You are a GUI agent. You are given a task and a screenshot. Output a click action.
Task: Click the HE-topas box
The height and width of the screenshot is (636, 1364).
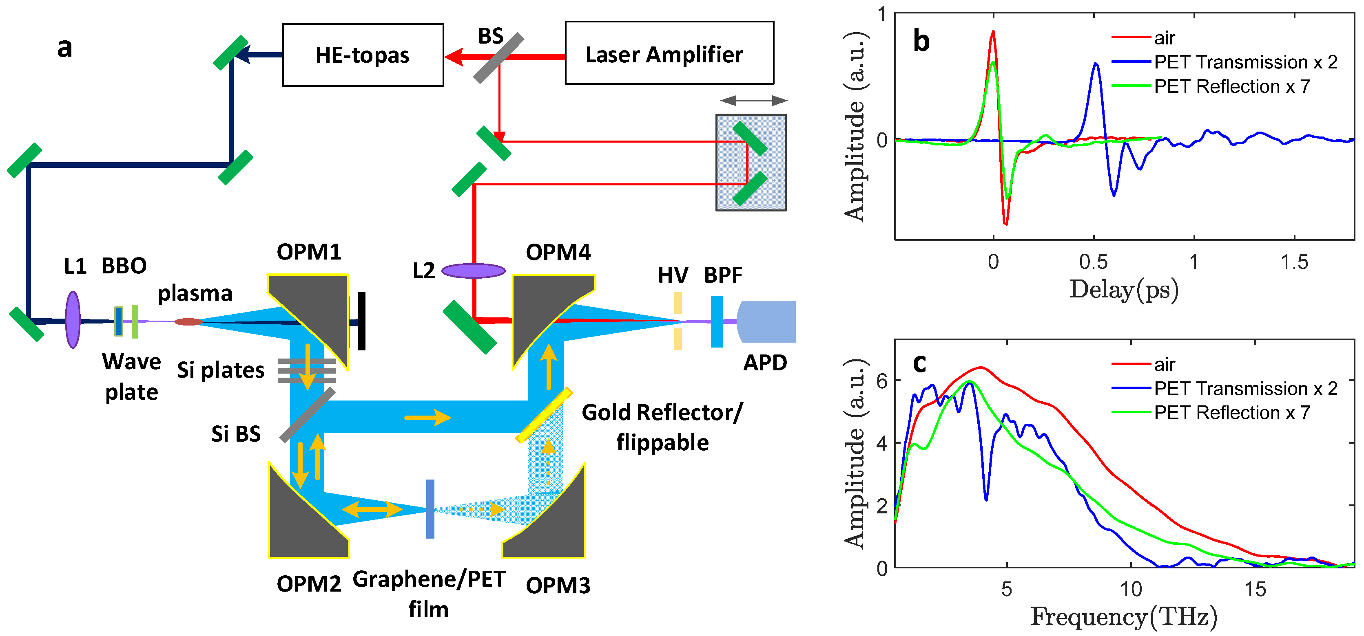point(363,55)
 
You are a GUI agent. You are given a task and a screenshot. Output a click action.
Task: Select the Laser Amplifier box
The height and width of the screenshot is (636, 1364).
point(669,53)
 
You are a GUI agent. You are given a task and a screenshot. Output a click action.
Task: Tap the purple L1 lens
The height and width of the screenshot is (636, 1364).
point(73,319)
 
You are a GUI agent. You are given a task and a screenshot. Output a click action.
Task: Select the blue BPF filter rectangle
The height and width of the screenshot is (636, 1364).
point(716,321)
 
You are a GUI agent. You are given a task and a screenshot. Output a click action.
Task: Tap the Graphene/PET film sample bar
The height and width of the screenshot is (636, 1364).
point(430,508)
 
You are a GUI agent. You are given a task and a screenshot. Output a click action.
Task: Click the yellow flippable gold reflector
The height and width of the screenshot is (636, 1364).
point(544,415)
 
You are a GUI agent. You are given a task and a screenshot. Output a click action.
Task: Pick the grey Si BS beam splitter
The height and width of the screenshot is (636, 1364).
point(307,415)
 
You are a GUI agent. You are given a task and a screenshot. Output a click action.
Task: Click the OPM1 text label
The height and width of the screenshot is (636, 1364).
point(309,252)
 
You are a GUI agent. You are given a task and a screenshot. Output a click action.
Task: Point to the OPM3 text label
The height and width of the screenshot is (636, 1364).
point(558,585)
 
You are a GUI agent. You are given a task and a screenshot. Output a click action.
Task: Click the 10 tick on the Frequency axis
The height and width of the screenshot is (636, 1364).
point(1131,589)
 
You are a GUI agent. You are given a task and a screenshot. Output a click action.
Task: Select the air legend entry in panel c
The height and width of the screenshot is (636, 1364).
point(1165,365)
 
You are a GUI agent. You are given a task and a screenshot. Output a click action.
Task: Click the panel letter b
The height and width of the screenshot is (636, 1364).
point(921,41)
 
